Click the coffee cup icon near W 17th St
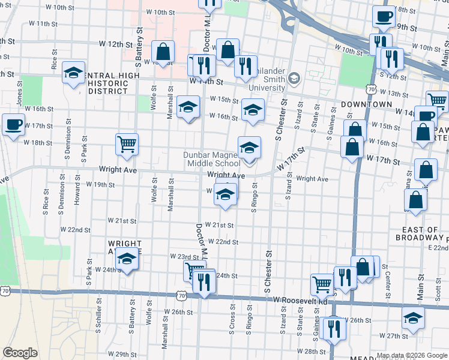click(x=13, y=125)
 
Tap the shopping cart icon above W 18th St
click(x=127, y=144)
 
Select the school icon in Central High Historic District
click(x=73, y=74)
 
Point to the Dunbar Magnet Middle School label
click(x=212, y=159)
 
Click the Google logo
click(x=20, y=353)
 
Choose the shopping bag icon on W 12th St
click(x=163, y=52)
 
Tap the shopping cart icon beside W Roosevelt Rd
click(x=322, y=285)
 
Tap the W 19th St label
click(x=100, y=185)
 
